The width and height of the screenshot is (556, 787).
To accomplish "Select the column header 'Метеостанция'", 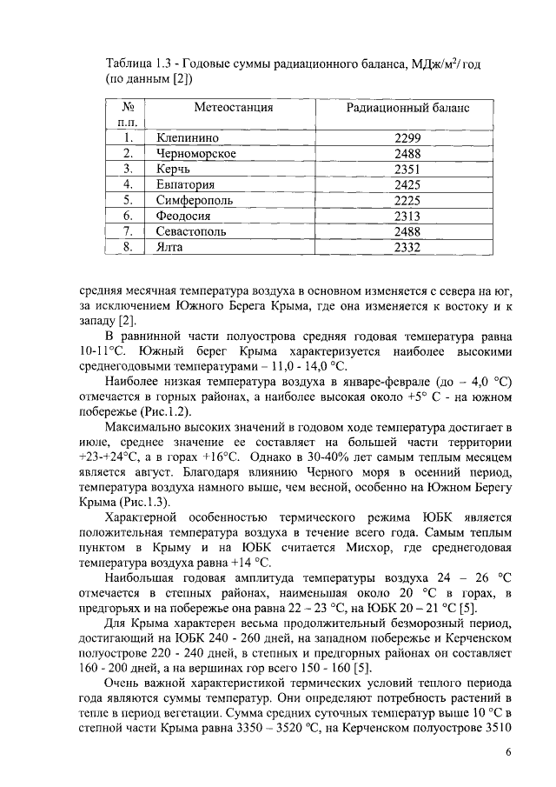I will [x=233, y=108].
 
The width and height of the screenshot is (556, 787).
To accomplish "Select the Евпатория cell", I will [x=185, y=184].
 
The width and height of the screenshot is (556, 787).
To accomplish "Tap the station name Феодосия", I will [x=184, y=216].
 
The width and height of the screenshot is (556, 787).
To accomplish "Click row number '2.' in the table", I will [x=128, y=153].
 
